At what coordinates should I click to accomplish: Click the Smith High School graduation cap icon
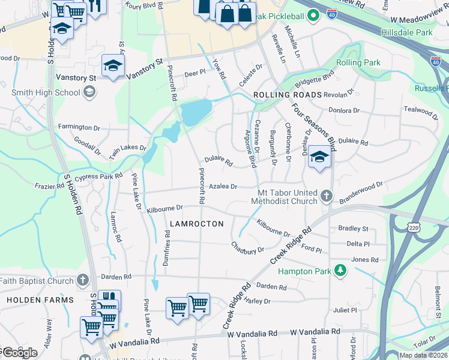(89, 92)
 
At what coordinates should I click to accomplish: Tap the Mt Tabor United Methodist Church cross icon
(325, 196)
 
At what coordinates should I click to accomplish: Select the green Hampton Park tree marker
(340, 271)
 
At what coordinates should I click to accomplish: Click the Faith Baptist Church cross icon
(83, 280)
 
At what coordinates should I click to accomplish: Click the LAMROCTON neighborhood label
(196, 224)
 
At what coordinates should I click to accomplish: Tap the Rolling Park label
(358, 62)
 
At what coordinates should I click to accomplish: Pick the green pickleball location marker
(312, 16)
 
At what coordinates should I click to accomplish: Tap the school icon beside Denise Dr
(319, 158)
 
